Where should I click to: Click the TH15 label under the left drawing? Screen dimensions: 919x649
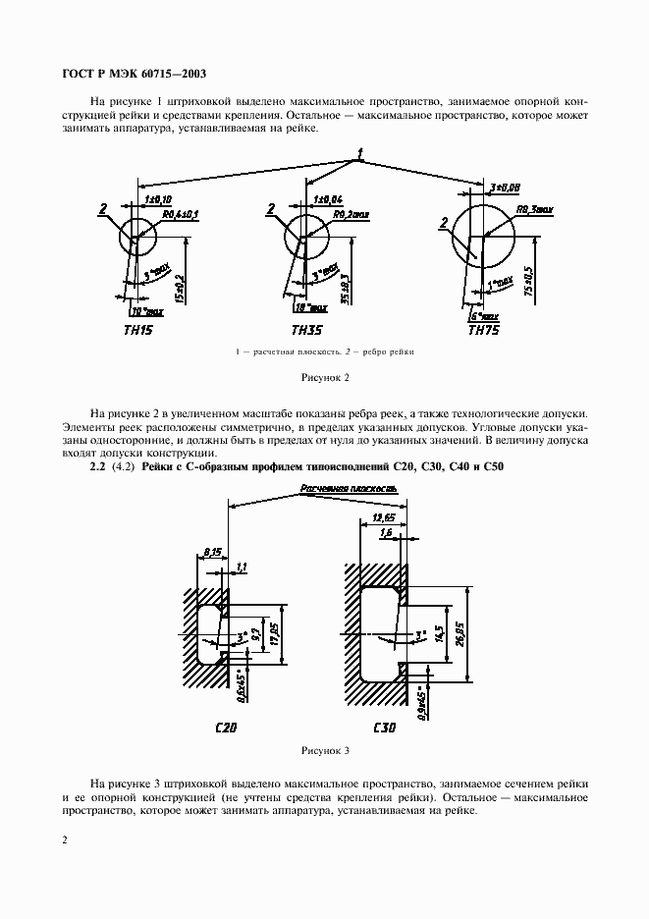click(x=140, y=330)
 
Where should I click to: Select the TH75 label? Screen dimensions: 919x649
click(x=485, y=330)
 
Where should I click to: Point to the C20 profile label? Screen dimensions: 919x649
click(x=226, y=728)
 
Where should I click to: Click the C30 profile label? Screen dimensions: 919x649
click(x=385, y=728)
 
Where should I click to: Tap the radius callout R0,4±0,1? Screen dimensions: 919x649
click(x=180, y=214)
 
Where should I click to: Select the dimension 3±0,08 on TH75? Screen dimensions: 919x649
click(x=504, y=187)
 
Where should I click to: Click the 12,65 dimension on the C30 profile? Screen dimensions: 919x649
click(x=383, y=516)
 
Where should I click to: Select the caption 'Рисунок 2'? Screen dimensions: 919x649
click(x=323, y=376)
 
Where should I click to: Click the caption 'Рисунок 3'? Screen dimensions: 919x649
click(x=323, y=751)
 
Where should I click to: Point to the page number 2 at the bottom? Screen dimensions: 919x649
click(x=65, y=840)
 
